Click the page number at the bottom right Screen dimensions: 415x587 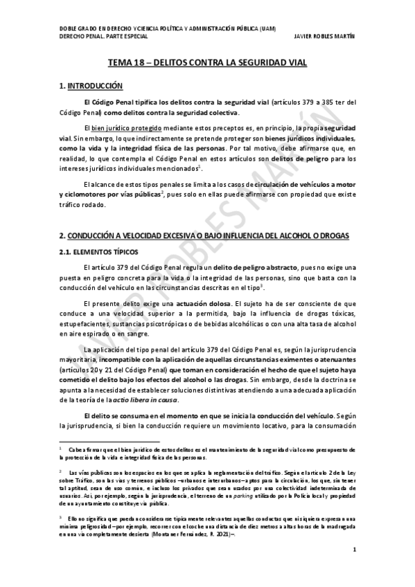[355, 570]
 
